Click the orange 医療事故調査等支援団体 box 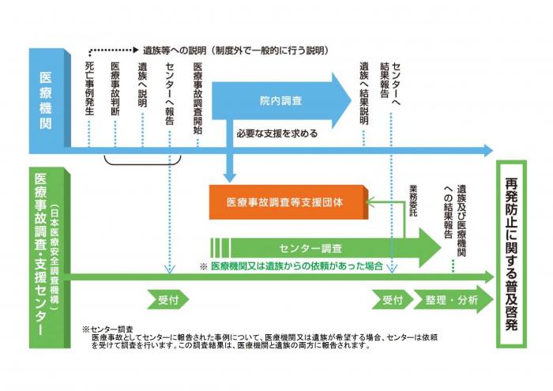288,202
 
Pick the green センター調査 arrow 324,246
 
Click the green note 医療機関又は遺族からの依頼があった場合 296,267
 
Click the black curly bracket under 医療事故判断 143,161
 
